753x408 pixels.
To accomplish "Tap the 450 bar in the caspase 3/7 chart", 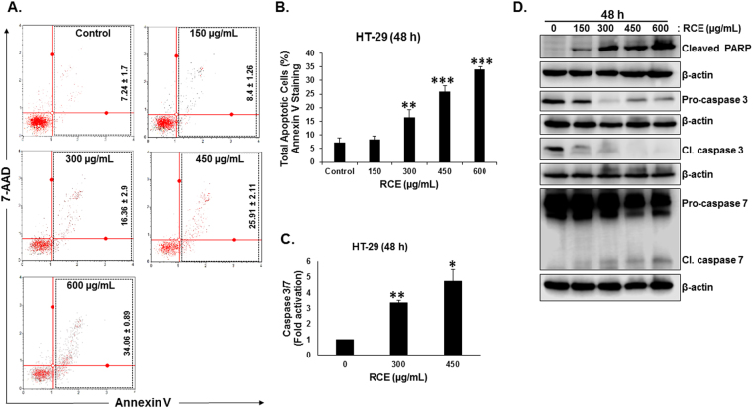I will (454, 318).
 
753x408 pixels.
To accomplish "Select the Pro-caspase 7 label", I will (697, 202).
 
